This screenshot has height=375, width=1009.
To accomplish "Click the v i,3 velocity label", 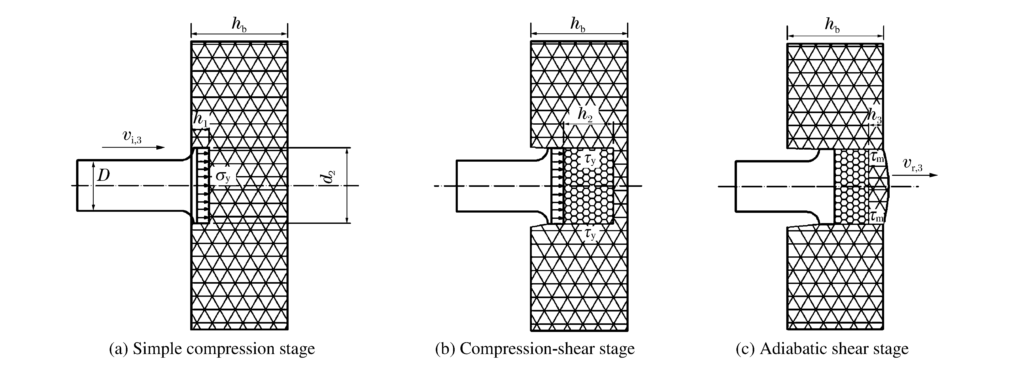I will (132, 137).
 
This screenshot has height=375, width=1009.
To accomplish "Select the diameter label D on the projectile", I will (103, 176).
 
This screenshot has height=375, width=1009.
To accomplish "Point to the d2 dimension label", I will (330, 177).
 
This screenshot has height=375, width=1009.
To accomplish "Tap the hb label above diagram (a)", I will (239, 24).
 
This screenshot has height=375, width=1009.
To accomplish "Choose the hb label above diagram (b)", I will (578, 24).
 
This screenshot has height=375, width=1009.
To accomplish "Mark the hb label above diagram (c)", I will (832, 25).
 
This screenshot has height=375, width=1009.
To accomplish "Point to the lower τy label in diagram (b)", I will (590, 234).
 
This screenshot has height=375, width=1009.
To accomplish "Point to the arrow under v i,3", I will (133, 147).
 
